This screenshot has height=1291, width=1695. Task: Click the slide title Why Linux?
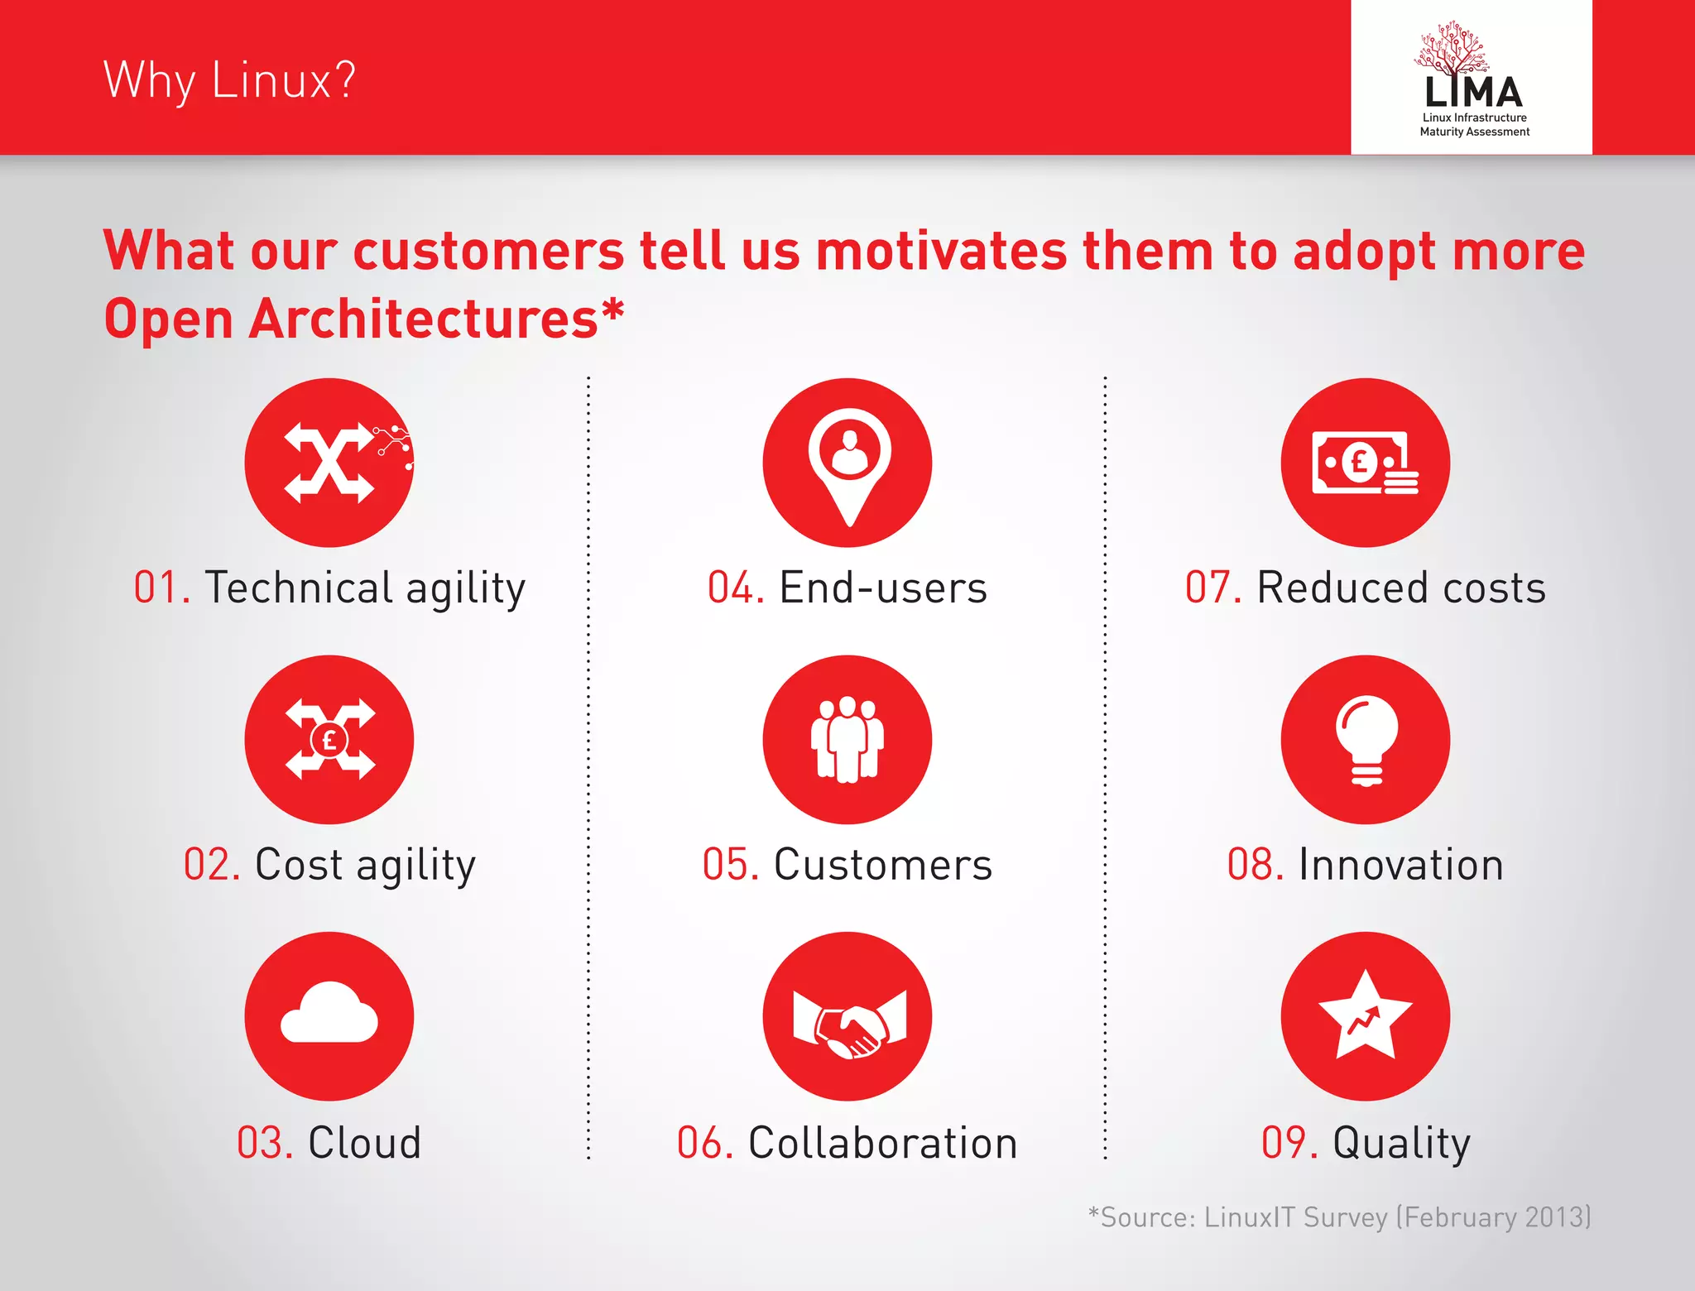tap(229, 80)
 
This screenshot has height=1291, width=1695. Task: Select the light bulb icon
tap(1366, 739)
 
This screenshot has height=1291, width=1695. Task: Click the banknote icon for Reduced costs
tap(1364, 463)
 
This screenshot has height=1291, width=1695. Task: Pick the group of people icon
tap(847, 739)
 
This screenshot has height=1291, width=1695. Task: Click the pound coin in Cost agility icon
tap(329, 739)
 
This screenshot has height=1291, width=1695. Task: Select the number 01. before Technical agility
tap(162, 588)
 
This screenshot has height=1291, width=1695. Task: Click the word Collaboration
tap(882, 1143)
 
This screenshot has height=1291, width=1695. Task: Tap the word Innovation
tap(1400, 865)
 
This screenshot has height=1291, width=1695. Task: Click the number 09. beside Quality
tap(1289, 1143)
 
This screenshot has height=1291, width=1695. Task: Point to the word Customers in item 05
tap(882, 865)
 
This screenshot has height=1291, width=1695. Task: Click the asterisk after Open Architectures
tap(612, 311)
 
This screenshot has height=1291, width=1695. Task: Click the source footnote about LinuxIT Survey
tap(1338, 1217)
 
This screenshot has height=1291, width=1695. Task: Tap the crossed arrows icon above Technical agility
tap(329, 463)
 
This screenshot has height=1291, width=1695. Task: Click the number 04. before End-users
tap(735, 588)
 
